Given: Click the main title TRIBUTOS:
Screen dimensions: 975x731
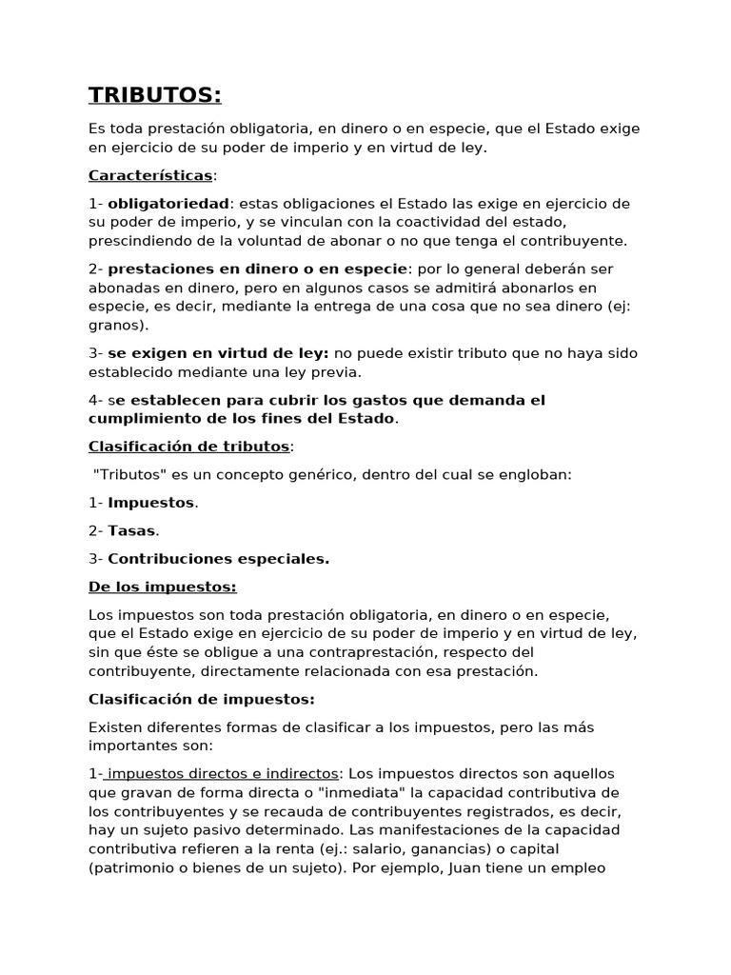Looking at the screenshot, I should [154, 94].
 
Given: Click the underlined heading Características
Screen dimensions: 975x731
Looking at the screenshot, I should [150, 175].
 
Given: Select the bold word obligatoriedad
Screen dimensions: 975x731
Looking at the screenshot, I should [168, 204].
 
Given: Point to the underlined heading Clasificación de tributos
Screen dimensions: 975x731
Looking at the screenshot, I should [188, 446].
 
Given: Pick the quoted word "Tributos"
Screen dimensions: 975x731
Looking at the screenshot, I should [127, 474].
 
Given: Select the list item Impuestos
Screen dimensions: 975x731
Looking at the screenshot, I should [150, 503].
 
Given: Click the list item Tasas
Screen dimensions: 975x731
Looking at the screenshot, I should [131, 530].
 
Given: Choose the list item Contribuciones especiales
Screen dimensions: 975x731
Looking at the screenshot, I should [218, 559].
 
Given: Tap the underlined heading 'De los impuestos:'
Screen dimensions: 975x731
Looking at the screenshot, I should [162, 587].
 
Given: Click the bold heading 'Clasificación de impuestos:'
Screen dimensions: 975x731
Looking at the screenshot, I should [201, 699].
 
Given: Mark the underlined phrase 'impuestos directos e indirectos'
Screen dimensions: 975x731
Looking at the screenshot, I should [221, 773].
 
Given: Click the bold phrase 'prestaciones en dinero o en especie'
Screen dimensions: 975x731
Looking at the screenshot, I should [257, 269].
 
